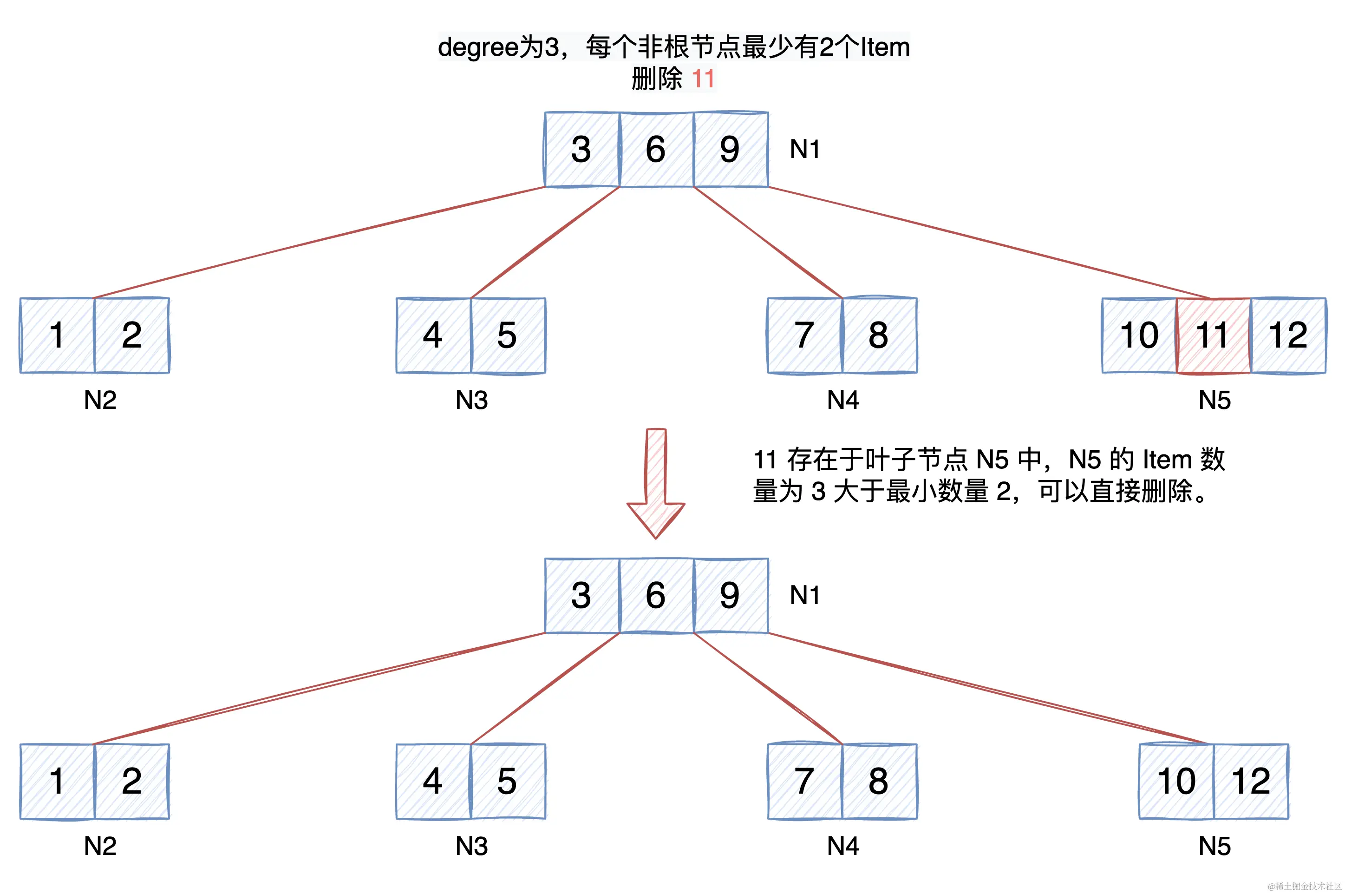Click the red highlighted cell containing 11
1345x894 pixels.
tap(1214, 335)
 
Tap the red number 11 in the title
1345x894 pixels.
tap(703, 79)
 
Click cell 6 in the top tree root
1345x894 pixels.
tap(656, 149)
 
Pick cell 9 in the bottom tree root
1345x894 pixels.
tap(730, 595)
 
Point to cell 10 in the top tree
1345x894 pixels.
tap(1139, 335)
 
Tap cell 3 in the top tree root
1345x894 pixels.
tap(581, 149)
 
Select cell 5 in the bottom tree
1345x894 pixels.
tap(507, 781)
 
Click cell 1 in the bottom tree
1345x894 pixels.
tap(57, 781)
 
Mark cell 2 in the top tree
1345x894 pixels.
tap(131, 335)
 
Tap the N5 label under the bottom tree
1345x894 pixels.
tap(1214, 846)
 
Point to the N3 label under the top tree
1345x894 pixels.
tap(471, 400)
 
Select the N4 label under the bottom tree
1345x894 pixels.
tap(842, 846)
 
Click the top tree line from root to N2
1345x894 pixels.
tap(319, 242)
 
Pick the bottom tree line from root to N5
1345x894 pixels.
tap(989, 689)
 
